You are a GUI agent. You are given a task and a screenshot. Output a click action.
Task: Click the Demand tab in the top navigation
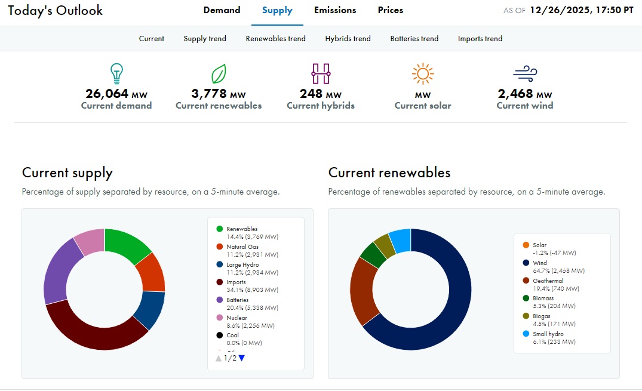tap(222, 10)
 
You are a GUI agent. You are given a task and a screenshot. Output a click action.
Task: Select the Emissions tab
tap(335, 10)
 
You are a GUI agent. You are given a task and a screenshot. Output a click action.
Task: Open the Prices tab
tap(390, 10)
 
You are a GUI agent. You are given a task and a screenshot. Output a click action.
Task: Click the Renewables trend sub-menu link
tap(275, 39)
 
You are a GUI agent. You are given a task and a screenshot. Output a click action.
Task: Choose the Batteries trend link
tap(414, 39)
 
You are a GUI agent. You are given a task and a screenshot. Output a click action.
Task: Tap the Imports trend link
tap(480, 39)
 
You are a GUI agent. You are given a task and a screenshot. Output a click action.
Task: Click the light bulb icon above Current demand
tap(116, 73)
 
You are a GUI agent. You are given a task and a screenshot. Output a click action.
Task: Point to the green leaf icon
tap(219, 74)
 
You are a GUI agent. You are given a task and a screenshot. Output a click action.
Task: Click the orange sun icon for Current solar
tap(423, 73)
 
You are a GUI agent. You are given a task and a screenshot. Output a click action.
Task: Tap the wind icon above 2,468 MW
tap(524, 74)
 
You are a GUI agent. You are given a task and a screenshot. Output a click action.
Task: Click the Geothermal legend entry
tap(548, 284)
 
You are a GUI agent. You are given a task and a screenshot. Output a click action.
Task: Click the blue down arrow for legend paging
tap(242, 358)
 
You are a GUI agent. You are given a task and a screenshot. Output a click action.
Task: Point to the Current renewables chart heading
tap(389, 173)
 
